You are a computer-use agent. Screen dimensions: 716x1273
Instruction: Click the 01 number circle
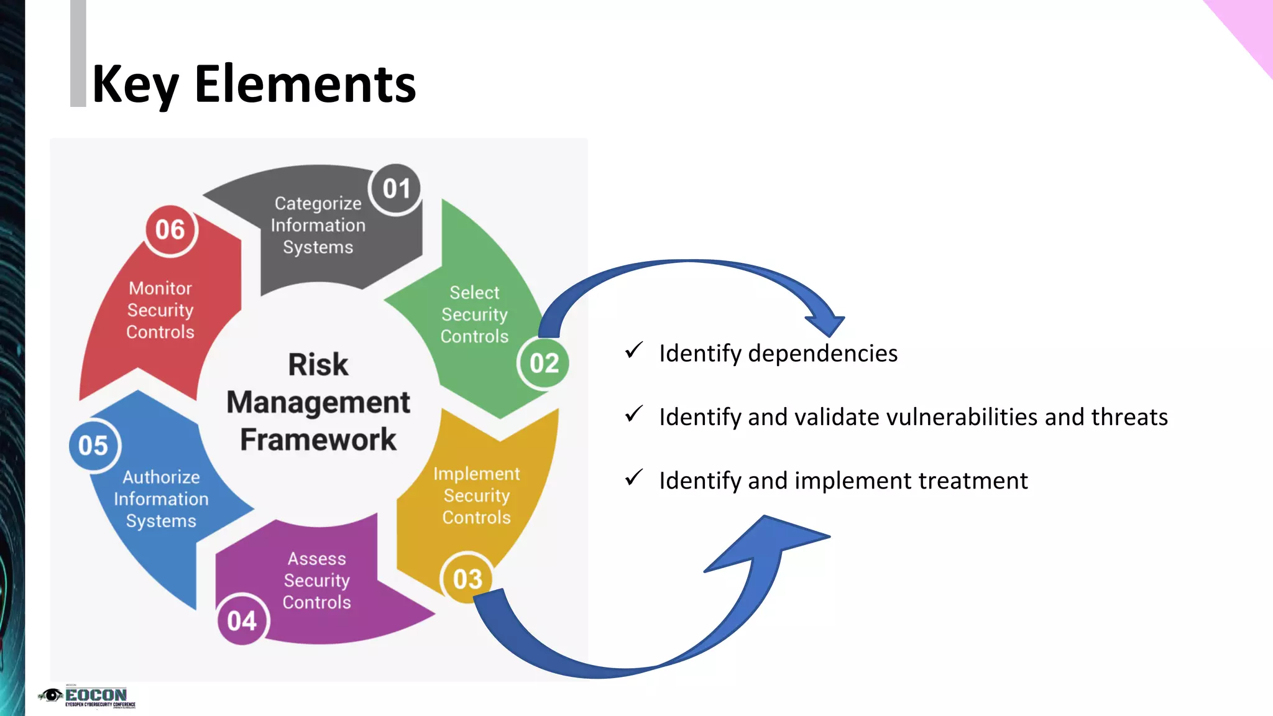[396, 189]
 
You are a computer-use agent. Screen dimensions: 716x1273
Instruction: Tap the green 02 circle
[544, 363]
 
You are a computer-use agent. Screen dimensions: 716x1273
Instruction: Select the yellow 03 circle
[467, 579]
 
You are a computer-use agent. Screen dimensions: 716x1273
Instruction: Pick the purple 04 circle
[242, 620]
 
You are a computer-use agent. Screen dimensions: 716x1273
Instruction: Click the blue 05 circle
[94, 446]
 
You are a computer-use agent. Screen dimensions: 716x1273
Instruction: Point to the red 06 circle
[170, 230]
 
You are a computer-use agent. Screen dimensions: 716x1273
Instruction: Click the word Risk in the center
[318, 364]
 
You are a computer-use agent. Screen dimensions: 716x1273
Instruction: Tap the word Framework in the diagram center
[318, 439]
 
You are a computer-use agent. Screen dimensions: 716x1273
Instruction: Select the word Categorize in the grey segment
[318, 203]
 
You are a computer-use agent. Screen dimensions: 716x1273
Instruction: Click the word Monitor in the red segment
[160, 288]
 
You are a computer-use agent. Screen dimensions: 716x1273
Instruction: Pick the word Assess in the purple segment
[317, 559]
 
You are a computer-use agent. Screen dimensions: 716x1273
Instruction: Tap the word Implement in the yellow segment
[477, 474]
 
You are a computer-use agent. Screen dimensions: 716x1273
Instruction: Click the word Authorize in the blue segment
[162, 477]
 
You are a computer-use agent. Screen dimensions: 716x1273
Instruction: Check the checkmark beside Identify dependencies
[634, 351]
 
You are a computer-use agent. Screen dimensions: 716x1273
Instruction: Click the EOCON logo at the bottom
[87, 697]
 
